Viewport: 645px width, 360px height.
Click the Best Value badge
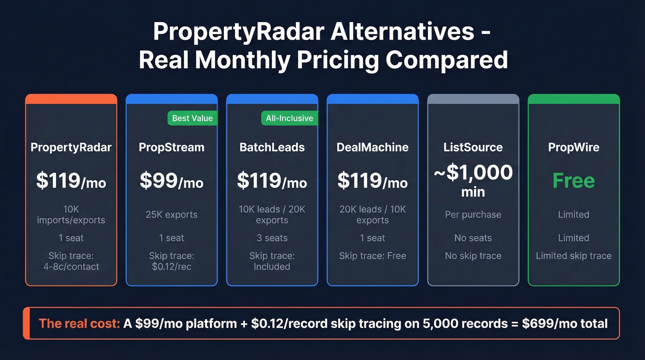coord(192,118)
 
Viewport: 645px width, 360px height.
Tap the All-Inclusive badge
coord(289,118)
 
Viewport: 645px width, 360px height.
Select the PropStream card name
coord(171,148)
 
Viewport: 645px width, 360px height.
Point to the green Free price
coord(574,181)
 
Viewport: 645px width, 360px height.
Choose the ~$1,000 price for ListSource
coord(473,173)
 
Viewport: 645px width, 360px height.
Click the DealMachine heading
coord(373,148)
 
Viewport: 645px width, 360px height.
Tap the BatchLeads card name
coord(272,148)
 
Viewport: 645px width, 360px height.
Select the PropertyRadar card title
coord(71,148)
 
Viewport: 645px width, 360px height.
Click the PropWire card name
coord(574,148)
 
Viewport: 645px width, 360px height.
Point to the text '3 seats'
coord(272,238)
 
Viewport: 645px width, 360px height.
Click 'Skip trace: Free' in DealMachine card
coord(373,256)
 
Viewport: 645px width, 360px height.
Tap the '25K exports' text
coord(171,215)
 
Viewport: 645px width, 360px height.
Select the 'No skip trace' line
coord(473,256)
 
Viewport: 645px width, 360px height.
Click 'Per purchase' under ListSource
coord(473,215)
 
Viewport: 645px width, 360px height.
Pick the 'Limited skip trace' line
coord(574,256)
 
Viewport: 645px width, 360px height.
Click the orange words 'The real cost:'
coord(79,323)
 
